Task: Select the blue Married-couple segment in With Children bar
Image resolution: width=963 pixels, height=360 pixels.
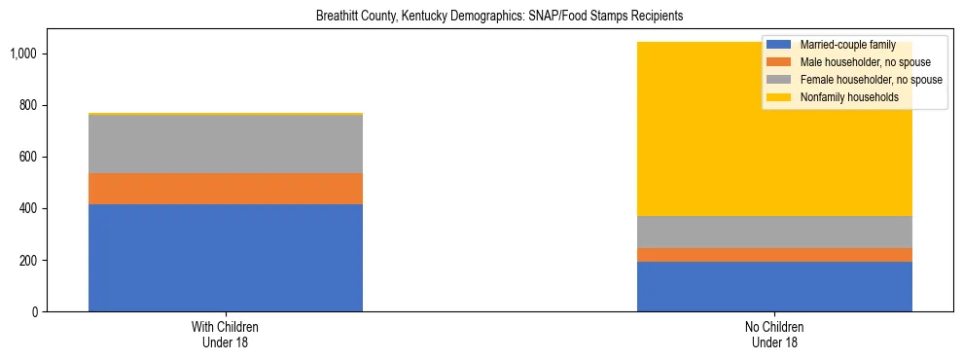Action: point(226,258)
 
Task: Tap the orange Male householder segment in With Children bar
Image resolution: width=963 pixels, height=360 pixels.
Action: point(226,189)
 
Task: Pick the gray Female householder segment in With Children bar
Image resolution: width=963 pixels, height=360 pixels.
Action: point(226,144)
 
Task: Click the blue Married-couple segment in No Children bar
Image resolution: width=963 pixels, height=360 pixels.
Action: point(774,287)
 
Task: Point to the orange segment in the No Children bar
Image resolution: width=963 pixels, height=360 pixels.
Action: point(774,255)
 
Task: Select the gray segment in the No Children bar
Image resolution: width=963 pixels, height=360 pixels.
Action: point(774,232)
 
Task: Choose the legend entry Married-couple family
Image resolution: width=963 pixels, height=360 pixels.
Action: point(842,45)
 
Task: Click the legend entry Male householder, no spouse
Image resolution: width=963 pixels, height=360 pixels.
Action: point(856,62)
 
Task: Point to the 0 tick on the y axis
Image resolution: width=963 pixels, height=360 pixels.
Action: point(36,312)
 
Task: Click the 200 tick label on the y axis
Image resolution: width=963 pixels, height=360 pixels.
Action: point(29,261)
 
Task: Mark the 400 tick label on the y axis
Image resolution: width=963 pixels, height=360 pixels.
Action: point(29,209)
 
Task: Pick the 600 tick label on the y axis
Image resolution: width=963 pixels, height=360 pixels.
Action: point(29,158)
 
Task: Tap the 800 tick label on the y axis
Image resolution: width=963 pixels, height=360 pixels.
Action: point(29,105)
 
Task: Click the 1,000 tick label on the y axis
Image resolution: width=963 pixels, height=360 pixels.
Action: point(25,54)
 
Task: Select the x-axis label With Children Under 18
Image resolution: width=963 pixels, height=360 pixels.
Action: point(226,335)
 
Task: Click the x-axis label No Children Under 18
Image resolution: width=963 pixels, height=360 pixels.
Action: point(774,335)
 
